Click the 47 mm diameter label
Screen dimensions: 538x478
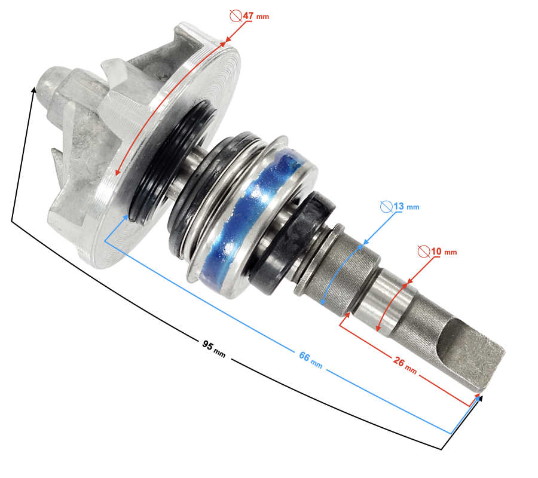[256, 16]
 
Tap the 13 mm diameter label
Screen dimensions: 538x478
[406, 206]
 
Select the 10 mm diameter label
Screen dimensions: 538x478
[444, 252]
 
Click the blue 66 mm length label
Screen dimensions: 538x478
[311, 360]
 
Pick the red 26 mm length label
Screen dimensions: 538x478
[405, 366]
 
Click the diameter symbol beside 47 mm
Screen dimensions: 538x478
[236, 16]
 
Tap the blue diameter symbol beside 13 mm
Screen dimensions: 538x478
[386, 206]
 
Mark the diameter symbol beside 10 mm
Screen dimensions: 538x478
[424, 252]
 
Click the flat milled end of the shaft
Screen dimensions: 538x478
[471, 353]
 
